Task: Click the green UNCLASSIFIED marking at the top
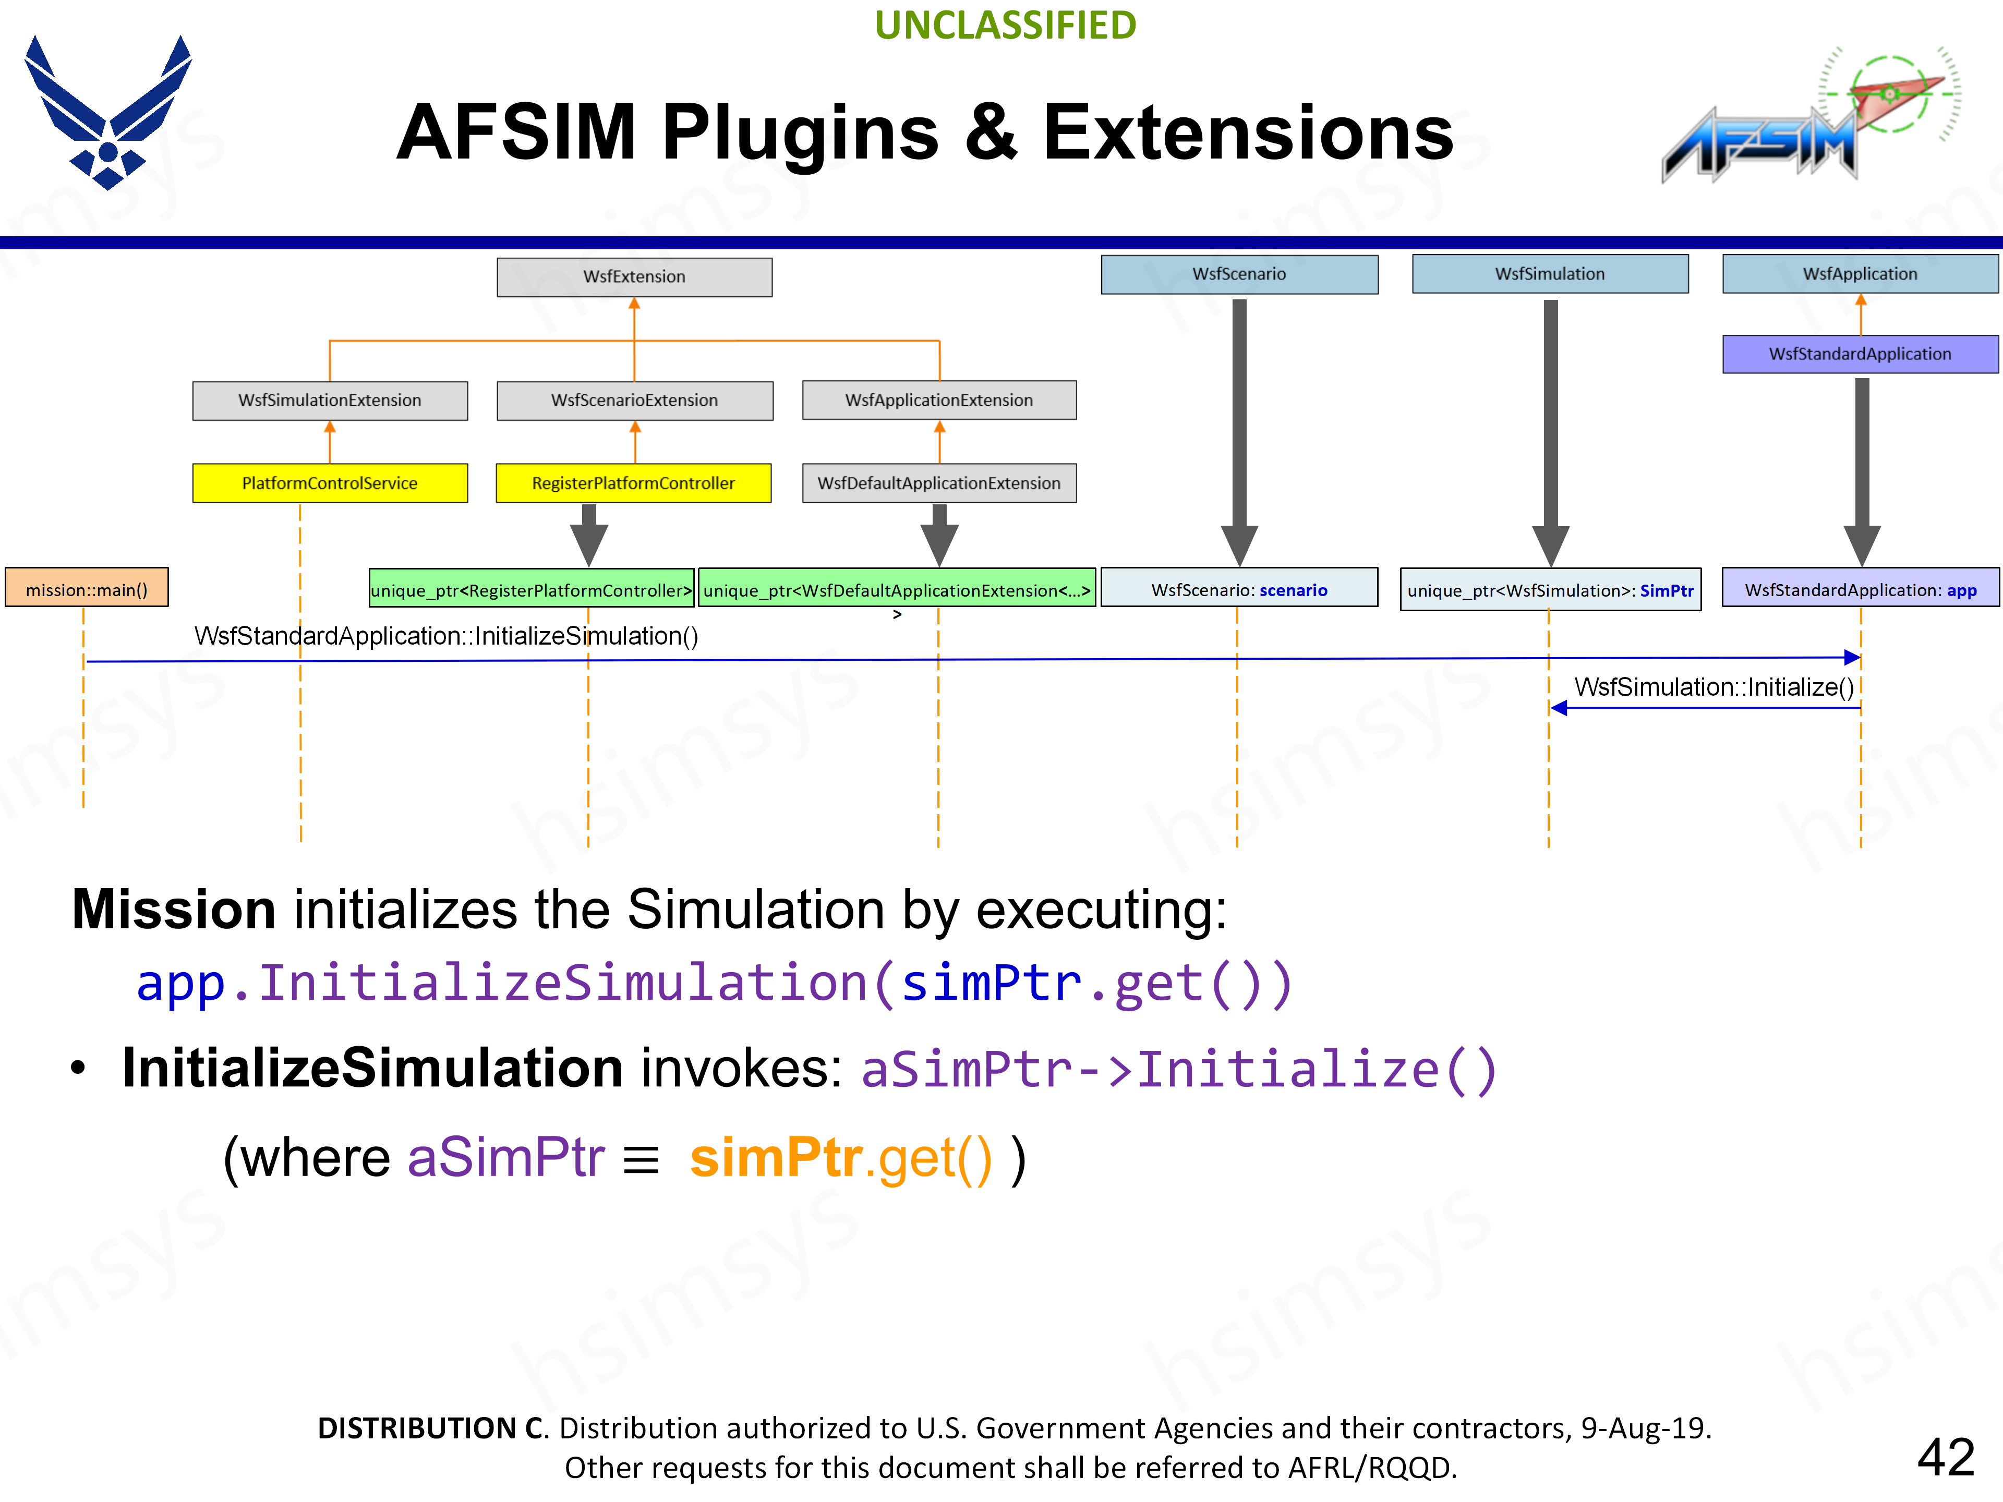[x=1005, y=26]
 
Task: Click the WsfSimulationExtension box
[x=330, y=400]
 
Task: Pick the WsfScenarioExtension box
[x=634, y=400]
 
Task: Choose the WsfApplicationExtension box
[x=939, y=400]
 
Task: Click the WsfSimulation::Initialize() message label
[x=1713, y=687]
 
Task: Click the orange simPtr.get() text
[x=840, y=1158]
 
